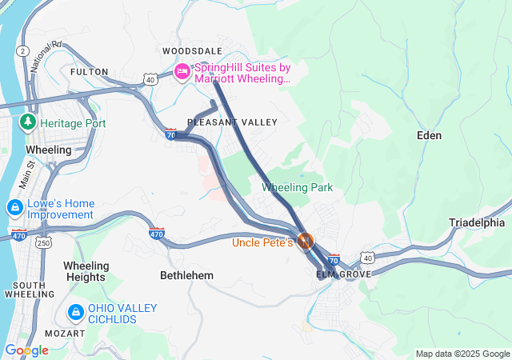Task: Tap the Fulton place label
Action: (x=89, y=72)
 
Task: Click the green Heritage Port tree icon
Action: (x=28, y=122)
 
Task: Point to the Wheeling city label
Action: (x=49, y=150)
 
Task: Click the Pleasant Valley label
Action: (x=232, y=122)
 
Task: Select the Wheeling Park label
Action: (x=297, y=188)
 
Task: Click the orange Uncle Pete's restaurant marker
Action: (x=305, y=240)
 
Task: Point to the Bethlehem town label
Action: (x=186, y=275)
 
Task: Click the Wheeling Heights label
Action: (x=86, y=271)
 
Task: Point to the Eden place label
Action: (x=430, y=135)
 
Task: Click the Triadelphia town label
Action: (x=477, y=222)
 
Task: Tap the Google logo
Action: (x=26, y=350)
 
